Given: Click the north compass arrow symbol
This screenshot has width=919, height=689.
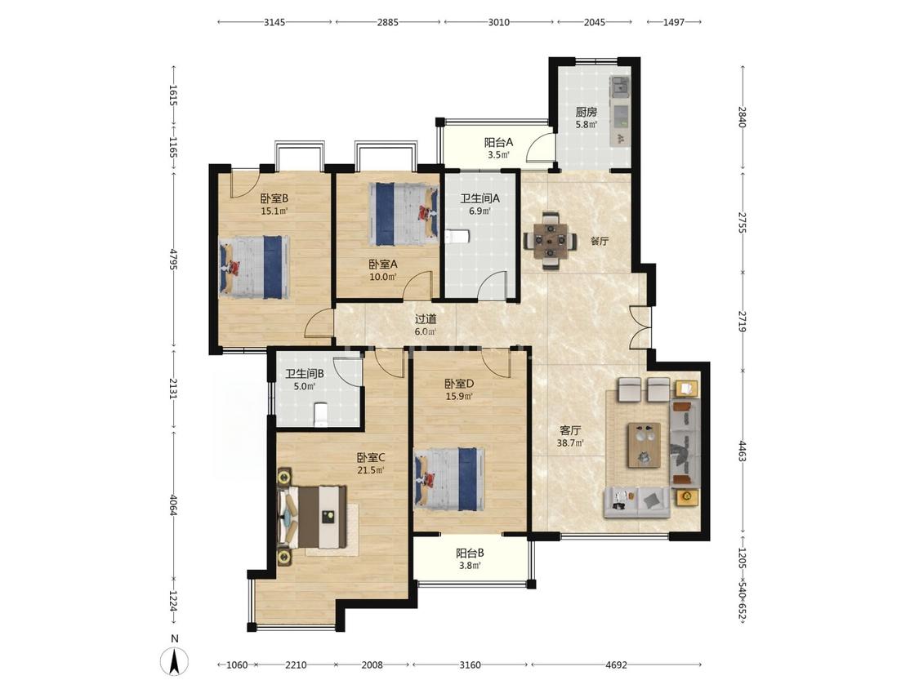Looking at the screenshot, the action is point(174,663).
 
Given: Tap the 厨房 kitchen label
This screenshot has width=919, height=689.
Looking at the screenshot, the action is point(586,111).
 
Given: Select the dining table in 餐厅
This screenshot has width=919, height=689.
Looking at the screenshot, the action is point(550,241).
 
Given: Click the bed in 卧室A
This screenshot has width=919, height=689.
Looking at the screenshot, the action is point(404,214).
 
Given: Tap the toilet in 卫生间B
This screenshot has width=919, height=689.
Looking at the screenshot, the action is point(320,414).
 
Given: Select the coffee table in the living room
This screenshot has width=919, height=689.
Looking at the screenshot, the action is point(645,445).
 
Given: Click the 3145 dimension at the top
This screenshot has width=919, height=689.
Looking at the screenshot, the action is point(274,22).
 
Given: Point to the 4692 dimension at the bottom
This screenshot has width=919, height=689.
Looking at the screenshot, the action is point(616,665).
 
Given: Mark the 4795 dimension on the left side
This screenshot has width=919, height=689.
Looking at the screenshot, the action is point(173,259).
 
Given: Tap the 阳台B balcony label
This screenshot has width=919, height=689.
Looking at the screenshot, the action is point(470,553).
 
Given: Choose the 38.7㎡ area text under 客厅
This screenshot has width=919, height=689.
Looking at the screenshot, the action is point(570,443).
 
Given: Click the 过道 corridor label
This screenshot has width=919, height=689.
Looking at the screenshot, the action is point(426,319).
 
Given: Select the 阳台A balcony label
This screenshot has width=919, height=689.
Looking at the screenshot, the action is point(499,142).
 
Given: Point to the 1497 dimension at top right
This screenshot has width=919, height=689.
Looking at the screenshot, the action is point(674,22).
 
